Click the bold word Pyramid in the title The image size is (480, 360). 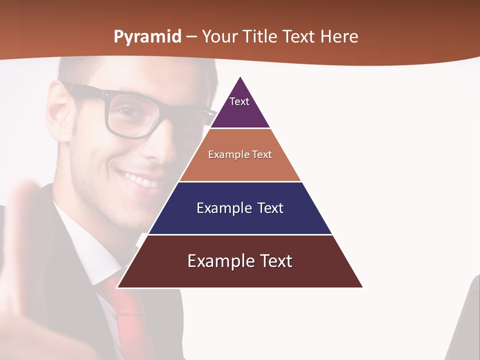click(x=147, y=37)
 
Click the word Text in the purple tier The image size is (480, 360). click(x=239, y=101)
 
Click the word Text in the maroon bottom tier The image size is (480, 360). click(x=275, y=261)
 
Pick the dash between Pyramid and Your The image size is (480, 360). click(x=191, y=37)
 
